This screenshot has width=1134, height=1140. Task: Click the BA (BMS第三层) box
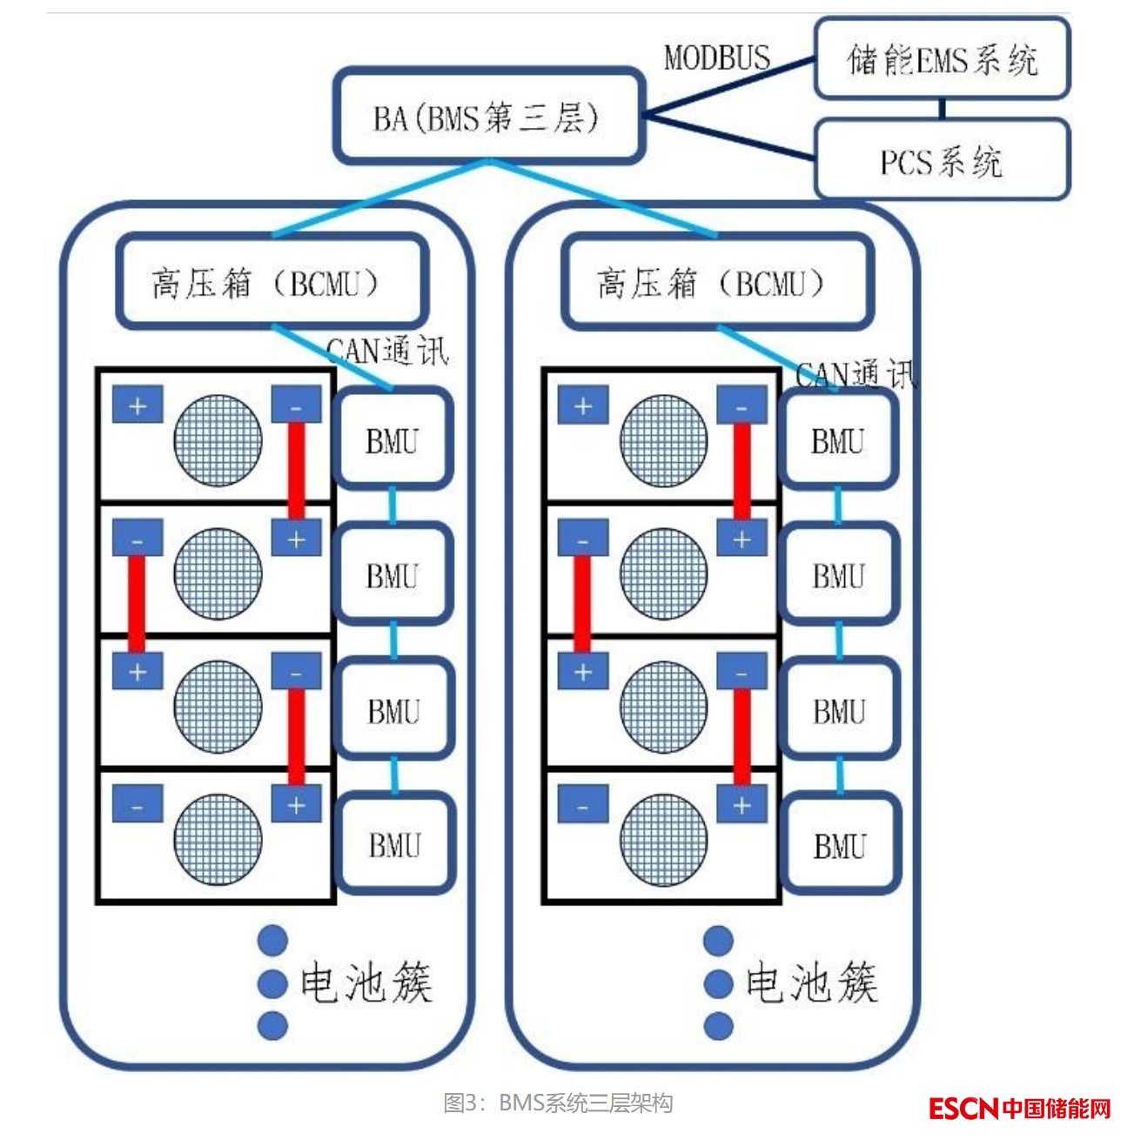click(x=488, y=117)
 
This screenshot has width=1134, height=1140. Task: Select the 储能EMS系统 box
click(x=942, y=59)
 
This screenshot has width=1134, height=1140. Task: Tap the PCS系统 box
click(x=942, y=161)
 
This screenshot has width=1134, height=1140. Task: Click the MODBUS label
click(x=717, y=58)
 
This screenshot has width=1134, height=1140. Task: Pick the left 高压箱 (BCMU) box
click(x=272, y=282)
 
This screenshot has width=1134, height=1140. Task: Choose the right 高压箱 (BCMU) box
click(x=717, y=282)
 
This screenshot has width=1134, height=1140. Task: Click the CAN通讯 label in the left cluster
click(x=387, y=351)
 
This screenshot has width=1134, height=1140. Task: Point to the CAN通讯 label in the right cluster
click(x=856, y=373)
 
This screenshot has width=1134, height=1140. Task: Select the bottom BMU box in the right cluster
click(x=840, y=844)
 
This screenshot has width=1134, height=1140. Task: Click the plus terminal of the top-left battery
click(x=138, y=406)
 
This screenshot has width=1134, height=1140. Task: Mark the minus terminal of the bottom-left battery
click(x=138, y=805)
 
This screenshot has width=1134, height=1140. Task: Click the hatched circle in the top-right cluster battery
click(x=663, y=439)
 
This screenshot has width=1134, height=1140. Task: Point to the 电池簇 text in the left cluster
click(x=366, y=982)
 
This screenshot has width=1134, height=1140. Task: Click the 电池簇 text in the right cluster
click(x=811, y=982)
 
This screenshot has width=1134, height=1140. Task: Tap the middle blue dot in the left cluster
click(x=273, y=983)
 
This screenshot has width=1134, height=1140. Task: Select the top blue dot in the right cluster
click(x=718, y=941)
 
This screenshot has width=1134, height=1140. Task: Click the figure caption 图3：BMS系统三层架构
click(x=558, y=1103)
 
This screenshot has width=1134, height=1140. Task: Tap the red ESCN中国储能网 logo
click(x=1019, y=1108)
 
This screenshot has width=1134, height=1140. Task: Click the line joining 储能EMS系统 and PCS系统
click(x=943, y=109)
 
